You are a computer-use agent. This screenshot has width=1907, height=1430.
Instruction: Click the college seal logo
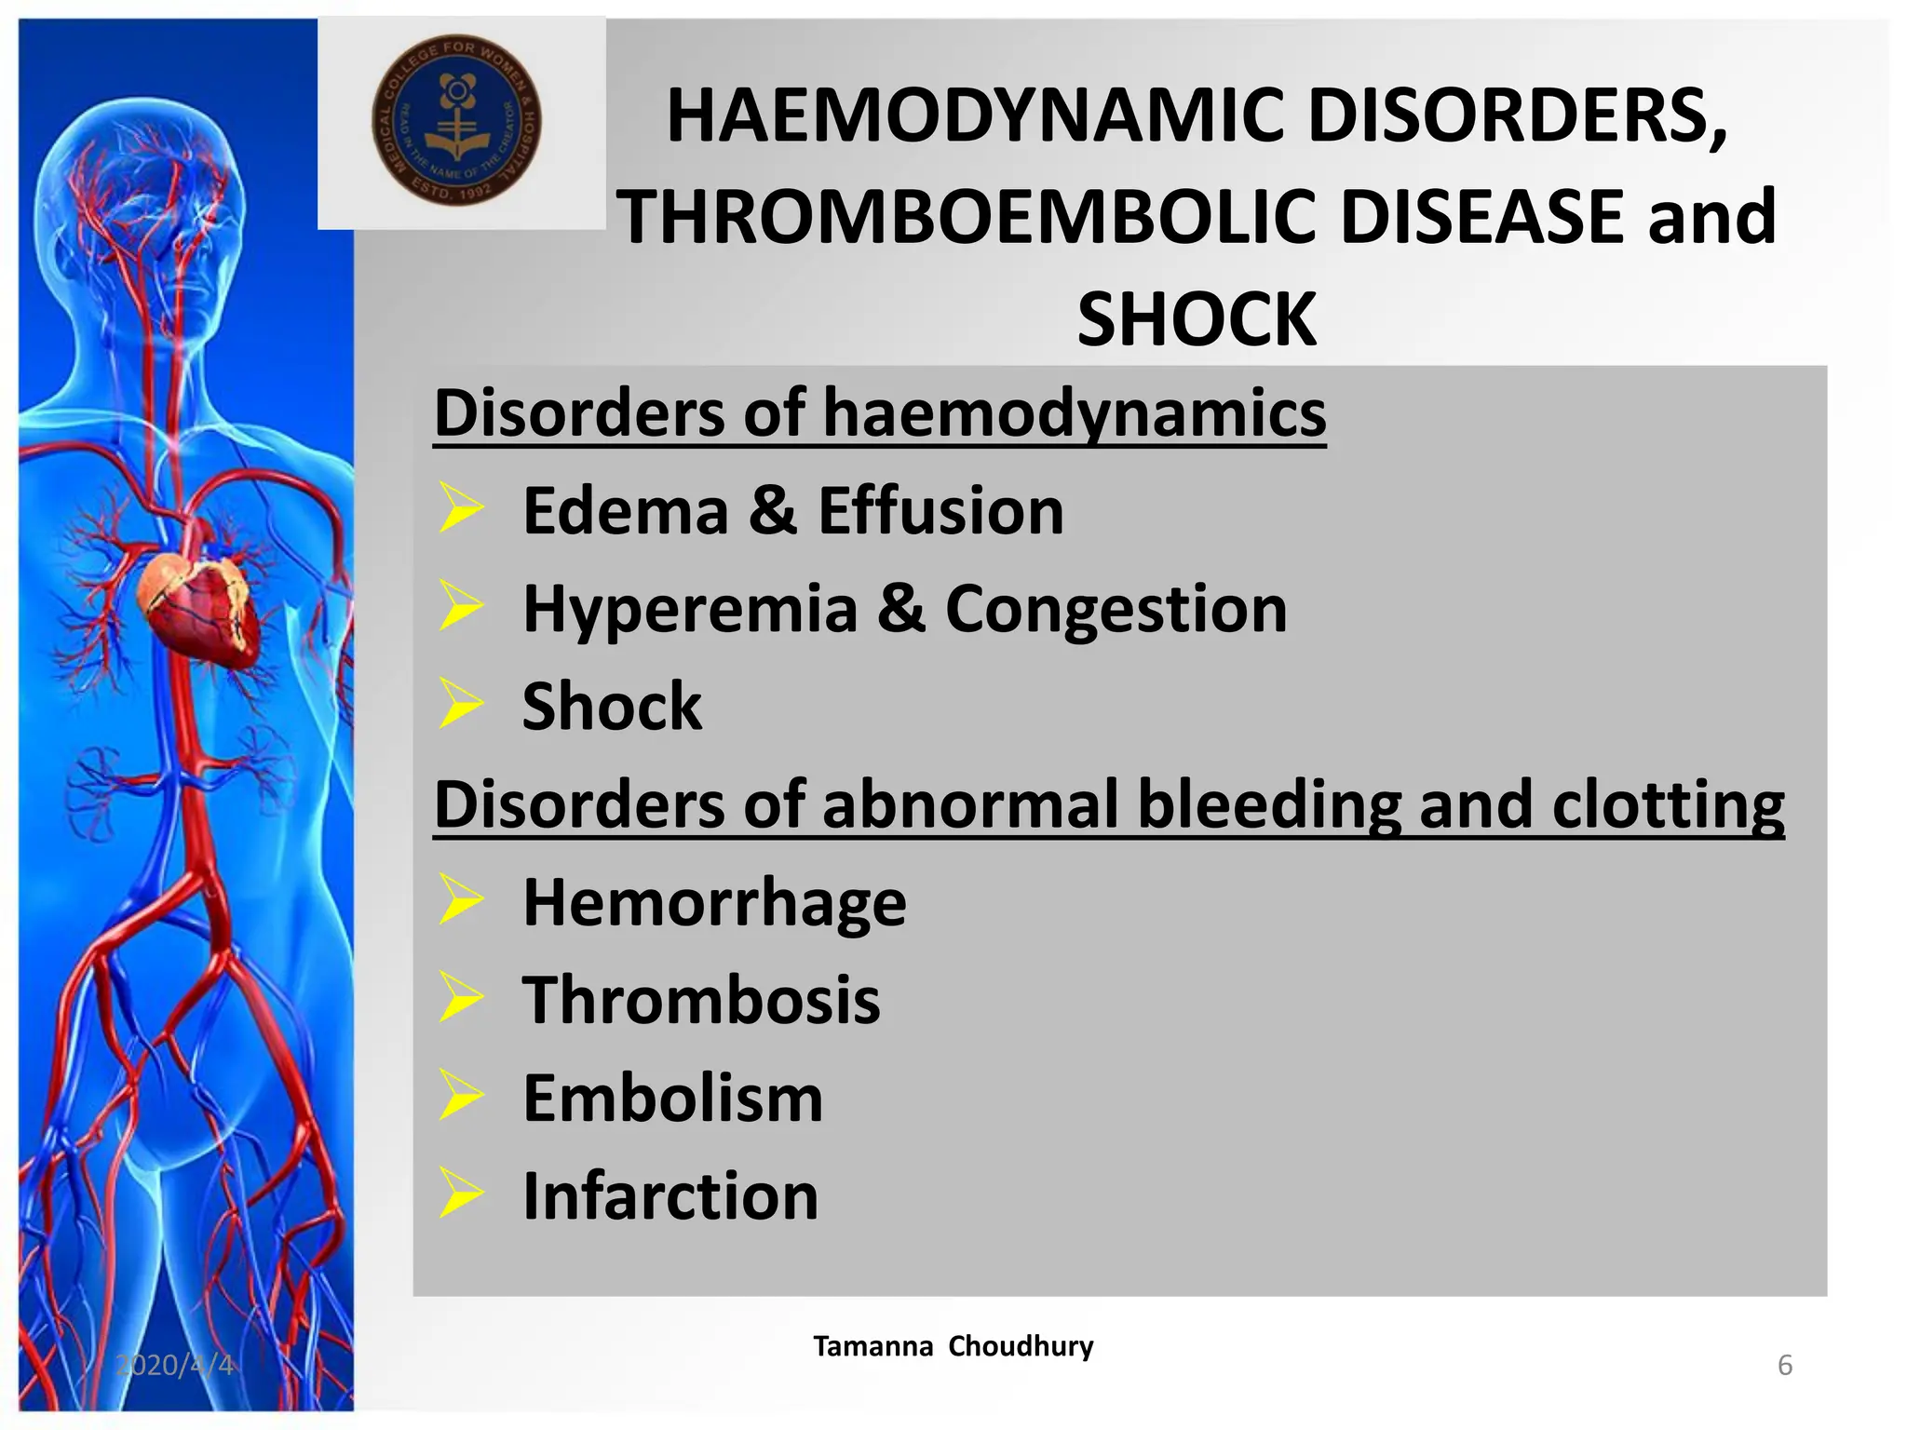pyautogui.click(x=456, y=121)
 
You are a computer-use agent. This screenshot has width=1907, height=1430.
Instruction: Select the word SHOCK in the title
pyautogui.click(x=1197, y=319)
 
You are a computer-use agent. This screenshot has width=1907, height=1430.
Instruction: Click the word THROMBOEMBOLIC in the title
pyautogui.click(x=968, y=217)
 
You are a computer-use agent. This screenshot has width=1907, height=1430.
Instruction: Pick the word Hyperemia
pyautogui.click(x=690, y=609)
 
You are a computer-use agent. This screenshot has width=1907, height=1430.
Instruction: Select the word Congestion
pyautogui.click(x=1116, y=609)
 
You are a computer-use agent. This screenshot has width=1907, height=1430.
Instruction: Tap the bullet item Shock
pyautogui.click(x=612, y=707)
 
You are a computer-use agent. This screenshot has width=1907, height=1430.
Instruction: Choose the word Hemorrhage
pyautogui.click(x=714, y=902)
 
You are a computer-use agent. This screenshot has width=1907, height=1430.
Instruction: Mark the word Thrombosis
pyautogui.click(x=700, y=1001)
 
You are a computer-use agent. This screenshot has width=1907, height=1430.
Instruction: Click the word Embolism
pyautogui.click(x=672, y=1099)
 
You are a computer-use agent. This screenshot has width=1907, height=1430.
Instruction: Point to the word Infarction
pyautogui.click(x=670, y=1196)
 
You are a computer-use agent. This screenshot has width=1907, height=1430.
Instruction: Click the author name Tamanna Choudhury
pyautogui.click(x=953, y=1346)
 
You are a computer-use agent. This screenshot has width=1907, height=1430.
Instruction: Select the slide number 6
pyautogui.click(x=1784, y=1365)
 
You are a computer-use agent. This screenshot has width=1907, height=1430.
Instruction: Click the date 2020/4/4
pyautogui.click(x=174, y=1365)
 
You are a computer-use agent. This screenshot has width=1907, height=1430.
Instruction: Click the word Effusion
pyautogui.click(x=940, y=511)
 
